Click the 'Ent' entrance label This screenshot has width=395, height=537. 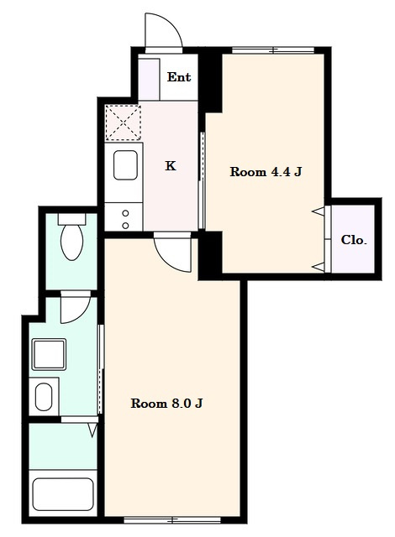point(179,77)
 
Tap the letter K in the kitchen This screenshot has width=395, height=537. point(171,166)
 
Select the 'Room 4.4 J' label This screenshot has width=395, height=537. point(266,171)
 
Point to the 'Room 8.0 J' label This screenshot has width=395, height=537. point(166,404)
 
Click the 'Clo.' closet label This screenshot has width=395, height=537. point(354,240)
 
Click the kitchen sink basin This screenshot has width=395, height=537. point(125,165)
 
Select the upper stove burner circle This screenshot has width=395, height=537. point(125,213)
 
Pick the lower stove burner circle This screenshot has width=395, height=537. point(125,226)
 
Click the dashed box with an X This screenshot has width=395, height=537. point(123,123)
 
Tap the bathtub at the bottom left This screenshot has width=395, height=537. point(63,494)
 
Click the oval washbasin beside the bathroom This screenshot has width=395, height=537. point(44,397)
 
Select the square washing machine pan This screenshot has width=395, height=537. point(49,354)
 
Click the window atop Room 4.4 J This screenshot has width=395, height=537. point(273,50)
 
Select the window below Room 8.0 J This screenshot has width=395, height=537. point(172,520)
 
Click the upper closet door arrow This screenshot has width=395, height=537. point(318,211)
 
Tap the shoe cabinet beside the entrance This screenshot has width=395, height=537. point(149,79)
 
